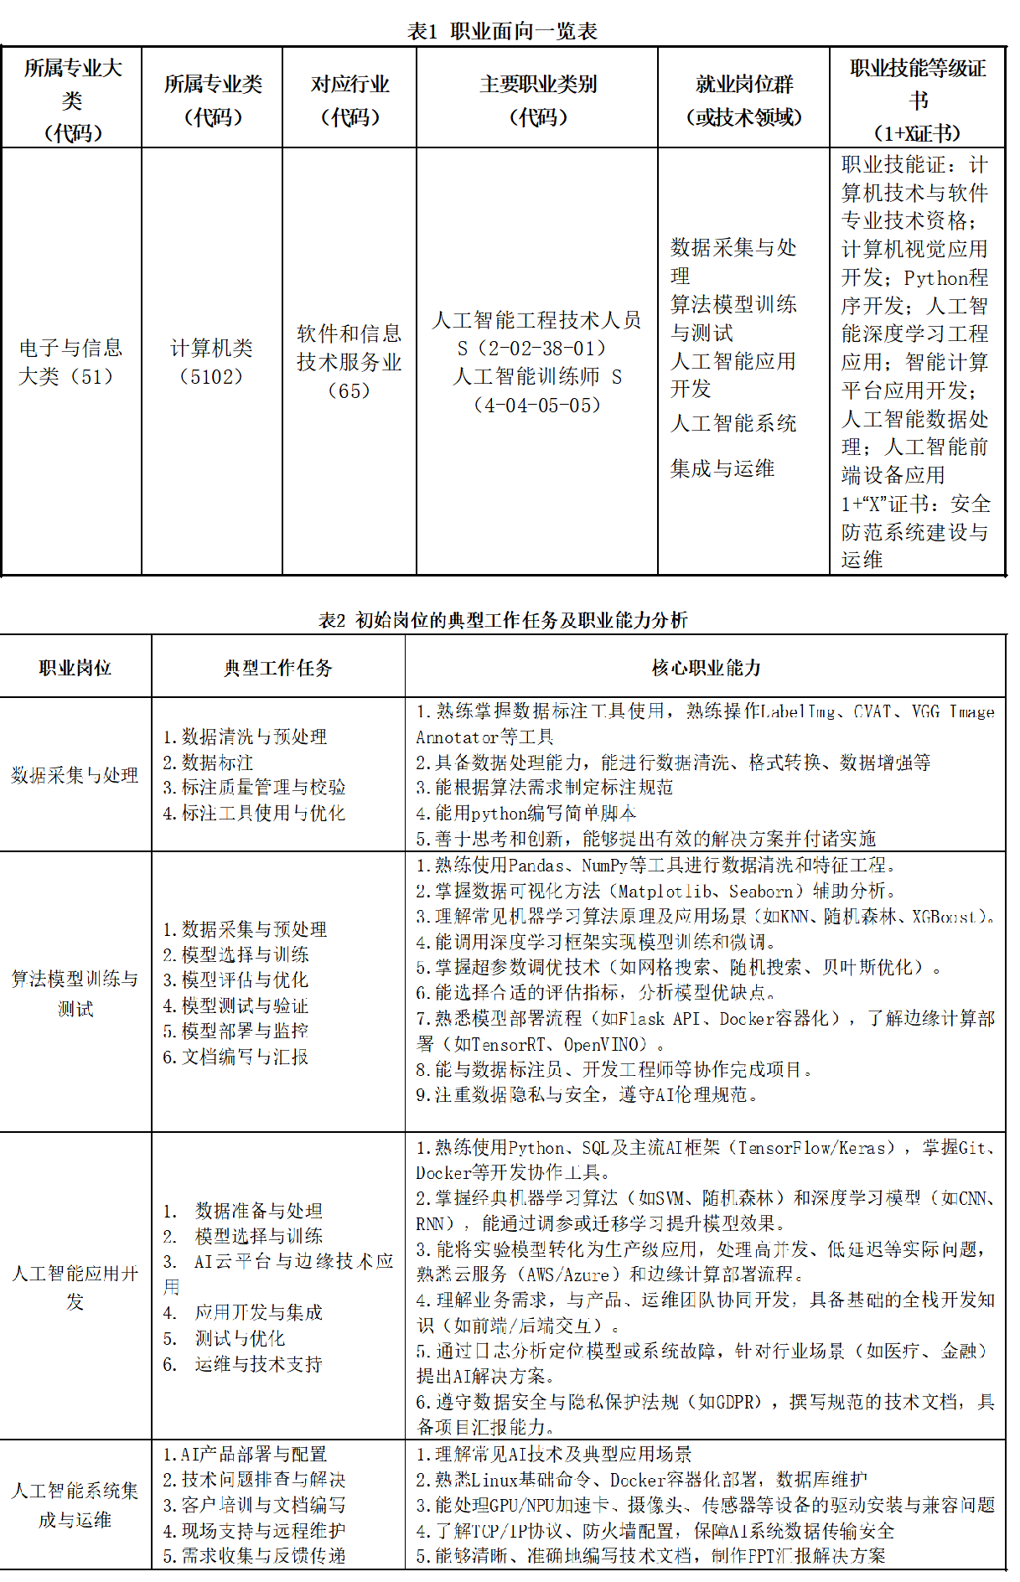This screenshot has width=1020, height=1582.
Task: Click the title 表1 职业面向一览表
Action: pyautogui.click(x=502, y=32)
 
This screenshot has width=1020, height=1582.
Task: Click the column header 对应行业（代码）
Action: pyautogui.click(x=349, y=100)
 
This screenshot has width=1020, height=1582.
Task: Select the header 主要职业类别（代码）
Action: pyautogui.click(x=537, y=100)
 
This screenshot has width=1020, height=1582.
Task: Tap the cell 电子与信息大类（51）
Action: pyautogui.click(x=71, y=362)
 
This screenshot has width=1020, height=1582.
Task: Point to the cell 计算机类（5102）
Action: pyautogui.click(x=211, y=362)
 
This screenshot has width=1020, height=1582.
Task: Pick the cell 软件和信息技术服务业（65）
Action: pyautogui.click(x=349, y=362)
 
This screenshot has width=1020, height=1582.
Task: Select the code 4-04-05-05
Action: pyautogui.click(x=537, y=406)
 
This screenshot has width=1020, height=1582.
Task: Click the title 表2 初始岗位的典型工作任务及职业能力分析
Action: pyautogui.click(x=503, y=620)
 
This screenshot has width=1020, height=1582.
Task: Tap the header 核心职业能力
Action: pyautogui.click(x=706, y=668)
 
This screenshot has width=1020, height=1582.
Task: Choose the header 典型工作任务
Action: pyautogui.click(x=277, y=668)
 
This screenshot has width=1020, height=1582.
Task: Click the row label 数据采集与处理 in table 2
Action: pyautogui.click(x=75, y=775)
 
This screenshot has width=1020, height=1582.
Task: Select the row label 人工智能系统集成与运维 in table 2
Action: pyautogui.click(x=75, y=1505)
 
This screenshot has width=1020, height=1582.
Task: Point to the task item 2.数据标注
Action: pyautogui.click(x=208, y=763)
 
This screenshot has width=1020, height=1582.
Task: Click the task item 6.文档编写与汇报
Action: pyautogui.click(x=236, y=1057)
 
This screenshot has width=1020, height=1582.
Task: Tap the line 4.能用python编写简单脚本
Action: pyautogui.click(x=526, y=813)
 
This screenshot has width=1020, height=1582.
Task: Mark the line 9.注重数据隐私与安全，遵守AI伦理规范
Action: pyautogui.click(x=587, y=1094)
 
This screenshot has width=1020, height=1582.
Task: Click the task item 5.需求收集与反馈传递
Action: pyautogui.click(x=254, y=1556)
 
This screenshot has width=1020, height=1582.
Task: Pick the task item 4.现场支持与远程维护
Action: pyautogui.click(x=254, y=1531)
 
